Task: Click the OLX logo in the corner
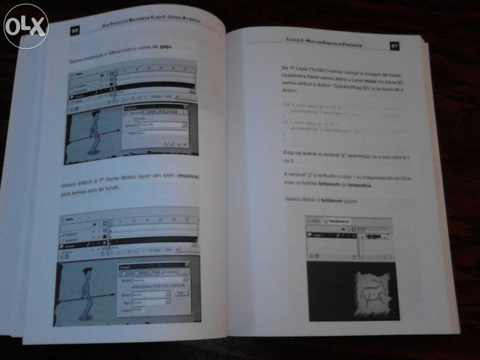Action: tap(26, 26)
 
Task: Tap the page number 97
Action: tap(394, 46)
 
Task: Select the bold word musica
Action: tap(188, 176)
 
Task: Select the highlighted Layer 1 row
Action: tap(329, 235)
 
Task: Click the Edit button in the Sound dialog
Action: tap(180, 293)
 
